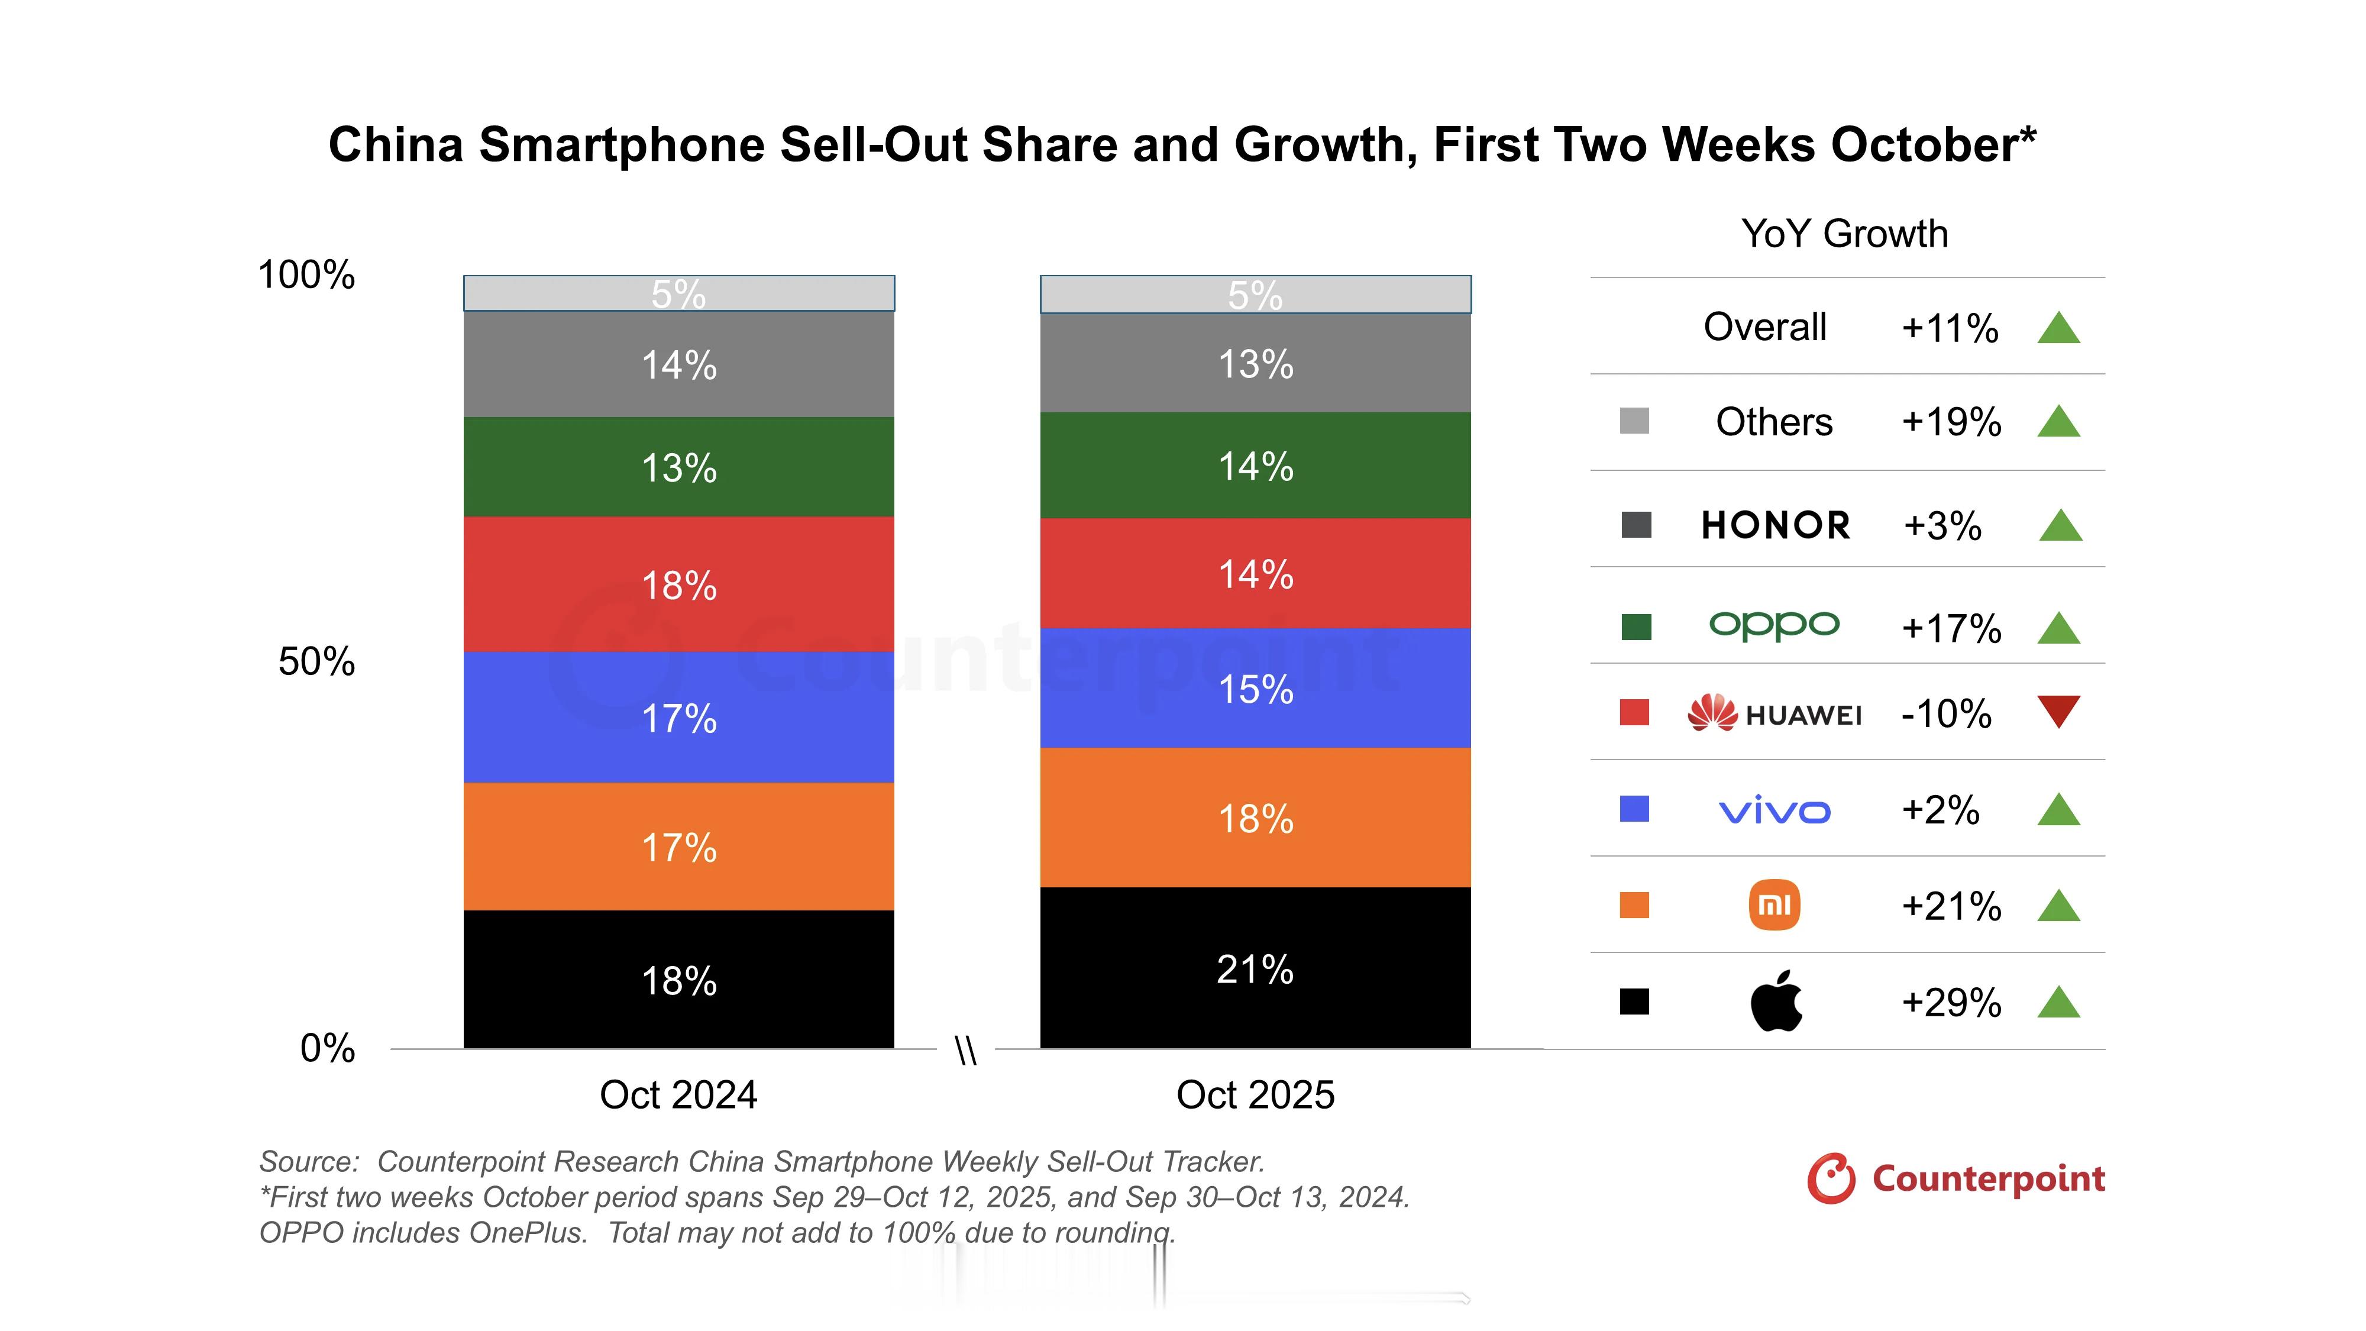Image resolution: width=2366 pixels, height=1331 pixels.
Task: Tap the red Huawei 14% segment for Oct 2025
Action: [x=1255, y=573]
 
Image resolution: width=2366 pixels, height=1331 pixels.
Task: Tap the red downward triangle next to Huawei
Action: [x=2058, y=711]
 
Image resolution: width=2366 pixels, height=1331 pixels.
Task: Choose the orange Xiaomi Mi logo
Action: [x=1773, y=905]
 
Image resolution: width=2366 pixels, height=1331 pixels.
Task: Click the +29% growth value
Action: [x=1951, y=1002]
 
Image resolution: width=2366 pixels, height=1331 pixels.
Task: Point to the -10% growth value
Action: [x=1946, y=714]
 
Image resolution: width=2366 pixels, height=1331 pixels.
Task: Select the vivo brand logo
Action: [x=1773, y=810]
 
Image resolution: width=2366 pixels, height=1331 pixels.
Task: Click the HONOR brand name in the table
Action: [x=1776, y=525]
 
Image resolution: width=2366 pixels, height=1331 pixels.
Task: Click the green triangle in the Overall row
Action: [x=2058, y=328]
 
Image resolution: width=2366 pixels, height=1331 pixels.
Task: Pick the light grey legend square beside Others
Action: [x=1634, y=421]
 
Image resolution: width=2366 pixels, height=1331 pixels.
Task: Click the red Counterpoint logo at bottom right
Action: [x=1955, y=1178]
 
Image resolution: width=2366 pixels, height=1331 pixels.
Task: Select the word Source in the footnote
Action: [x=308, y=1161]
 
